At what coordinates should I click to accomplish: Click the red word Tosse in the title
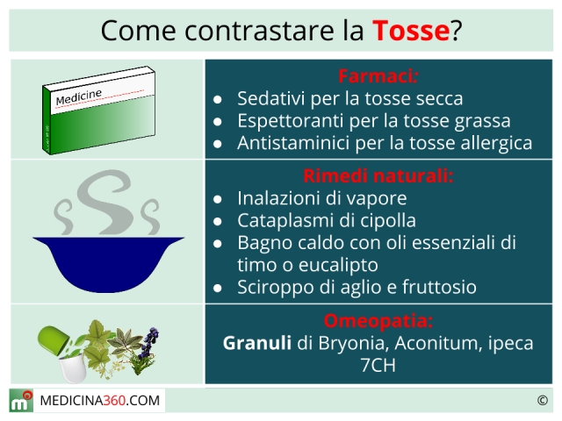411,31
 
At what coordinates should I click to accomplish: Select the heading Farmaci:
378,76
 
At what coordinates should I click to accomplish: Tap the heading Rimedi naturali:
378,175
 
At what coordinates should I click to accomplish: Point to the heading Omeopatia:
378,321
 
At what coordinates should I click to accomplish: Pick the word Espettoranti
291,121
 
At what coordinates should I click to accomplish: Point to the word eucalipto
338,266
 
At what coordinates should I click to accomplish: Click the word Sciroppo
275,288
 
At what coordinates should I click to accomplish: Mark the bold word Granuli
257,343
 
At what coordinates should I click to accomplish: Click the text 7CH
378,365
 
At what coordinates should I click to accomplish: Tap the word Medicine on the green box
79,97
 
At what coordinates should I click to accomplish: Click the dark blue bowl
108,263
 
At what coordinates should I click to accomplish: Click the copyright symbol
543,400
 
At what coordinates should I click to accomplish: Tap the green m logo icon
21,401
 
